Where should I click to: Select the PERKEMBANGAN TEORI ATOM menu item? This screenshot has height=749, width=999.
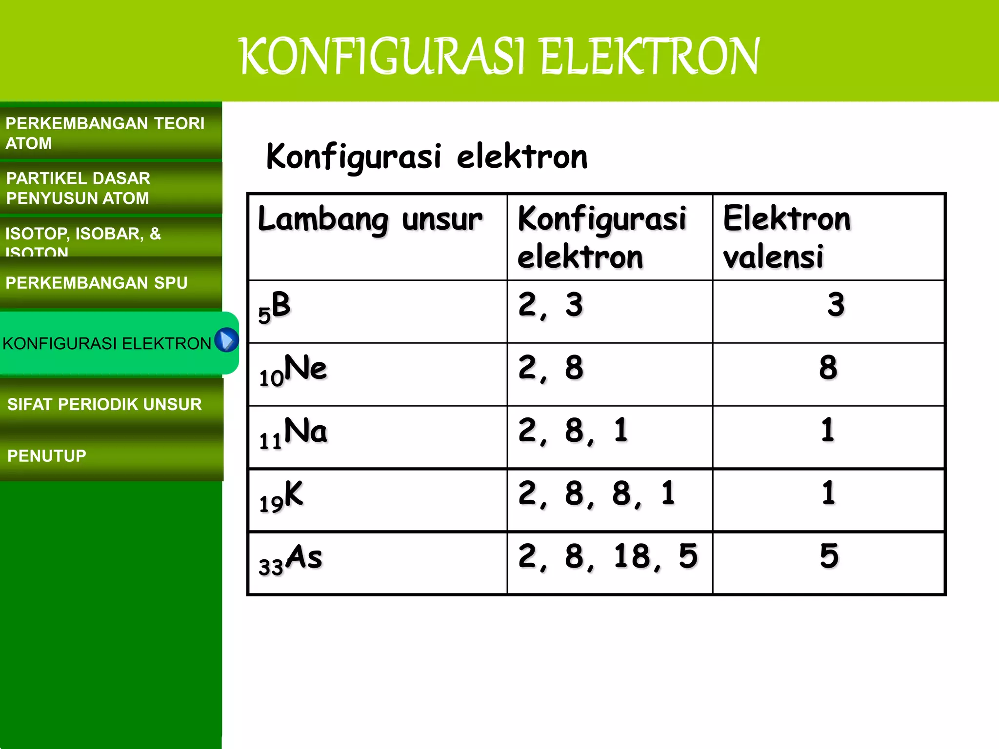105,133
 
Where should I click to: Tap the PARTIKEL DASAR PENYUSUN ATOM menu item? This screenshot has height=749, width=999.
78,188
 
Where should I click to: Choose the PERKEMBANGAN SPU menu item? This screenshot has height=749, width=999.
97,283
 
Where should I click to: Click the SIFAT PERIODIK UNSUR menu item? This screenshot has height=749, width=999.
104,404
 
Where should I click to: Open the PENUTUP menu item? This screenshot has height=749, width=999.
47,456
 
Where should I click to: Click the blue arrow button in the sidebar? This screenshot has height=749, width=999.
226,340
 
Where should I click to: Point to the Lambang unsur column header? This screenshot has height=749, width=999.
370,219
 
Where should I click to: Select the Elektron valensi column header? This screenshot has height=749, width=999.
786,237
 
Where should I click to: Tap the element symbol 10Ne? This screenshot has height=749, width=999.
293,371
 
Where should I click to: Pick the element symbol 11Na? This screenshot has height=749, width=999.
293,434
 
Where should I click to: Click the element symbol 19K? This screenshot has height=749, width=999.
281,496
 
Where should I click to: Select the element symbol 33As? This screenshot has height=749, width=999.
290,559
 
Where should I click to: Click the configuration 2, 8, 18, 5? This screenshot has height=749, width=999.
608,556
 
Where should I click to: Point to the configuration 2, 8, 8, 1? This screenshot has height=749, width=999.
597,493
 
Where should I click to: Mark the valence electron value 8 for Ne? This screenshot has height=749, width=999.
828,368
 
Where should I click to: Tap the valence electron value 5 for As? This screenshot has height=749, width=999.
829,556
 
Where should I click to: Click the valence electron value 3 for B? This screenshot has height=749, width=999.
836,305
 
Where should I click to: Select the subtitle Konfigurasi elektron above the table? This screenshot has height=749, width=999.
427,157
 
